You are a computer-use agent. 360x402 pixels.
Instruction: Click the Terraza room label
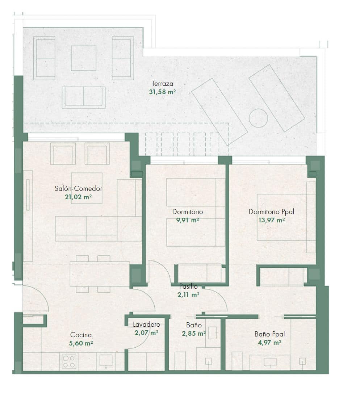(162, 84)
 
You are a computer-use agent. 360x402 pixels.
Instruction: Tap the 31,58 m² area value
(162, 92)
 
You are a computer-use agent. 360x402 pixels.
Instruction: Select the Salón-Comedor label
(79, 189)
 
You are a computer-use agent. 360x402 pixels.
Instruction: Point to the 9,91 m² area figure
(188, 220)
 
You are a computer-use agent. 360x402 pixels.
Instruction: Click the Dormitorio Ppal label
(272, 212)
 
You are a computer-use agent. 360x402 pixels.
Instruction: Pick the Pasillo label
(188, 286)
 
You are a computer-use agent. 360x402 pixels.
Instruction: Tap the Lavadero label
(146, 324)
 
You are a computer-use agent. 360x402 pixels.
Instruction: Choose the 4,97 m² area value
(269, 343)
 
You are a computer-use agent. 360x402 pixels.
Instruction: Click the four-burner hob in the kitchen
(69, 361)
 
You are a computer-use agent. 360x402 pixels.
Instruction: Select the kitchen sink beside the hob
(106, 360)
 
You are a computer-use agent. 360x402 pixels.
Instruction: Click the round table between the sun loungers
(258, 118)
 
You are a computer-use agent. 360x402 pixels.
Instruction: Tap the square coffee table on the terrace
(83, 58)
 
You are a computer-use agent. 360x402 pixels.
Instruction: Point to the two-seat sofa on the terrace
(84, 97)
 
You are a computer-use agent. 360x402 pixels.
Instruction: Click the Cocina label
(81, 335)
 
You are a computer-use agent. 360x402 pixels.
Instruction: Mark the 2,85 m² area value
(194, 334)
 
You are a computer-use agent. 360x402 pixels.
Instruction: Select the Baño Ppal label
(269, 334)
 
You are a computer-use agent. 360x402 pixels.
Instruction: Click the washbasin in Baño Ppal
(270, 362)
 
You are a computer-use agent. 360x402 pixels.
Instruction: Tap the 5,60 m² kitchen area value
(81, 343)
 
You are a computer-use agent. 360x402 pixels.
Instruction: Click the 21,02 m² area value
(78, 197)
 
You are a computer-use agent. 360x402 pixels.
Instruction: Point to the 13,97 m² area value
(272, 220)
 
